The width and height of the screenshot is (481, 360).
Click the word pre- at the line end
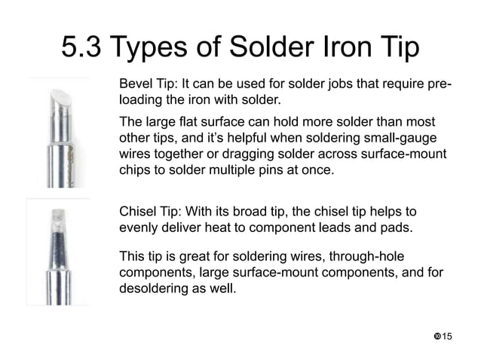440,82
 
